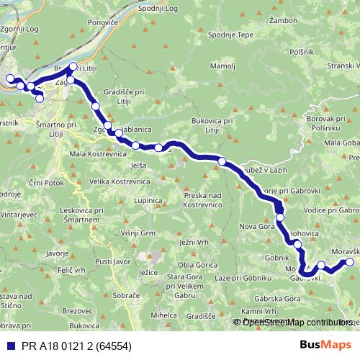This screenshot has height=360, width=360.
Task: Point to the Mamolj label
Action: point(219,66)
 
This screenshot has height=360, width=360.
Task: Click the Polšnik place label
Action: point(301,52)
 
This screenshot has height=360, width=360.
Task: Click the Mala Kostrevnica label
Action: point(98,155)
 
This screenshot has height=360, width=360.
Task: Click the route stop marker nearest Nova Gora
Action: point(280,217)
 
